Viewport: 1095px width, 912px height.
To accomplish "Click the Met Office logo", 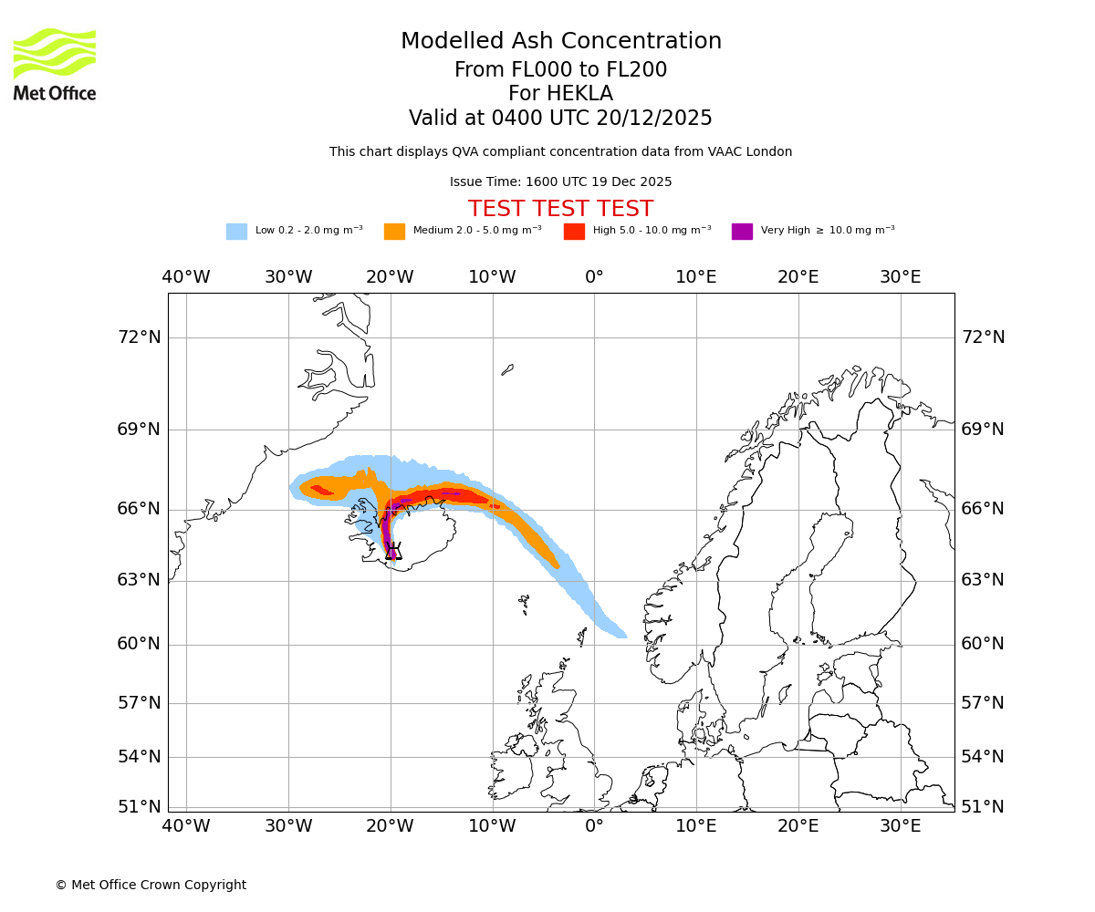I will [55, 64].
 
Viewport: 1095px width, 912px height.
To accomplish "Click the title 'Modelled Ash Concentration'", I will [560, 42].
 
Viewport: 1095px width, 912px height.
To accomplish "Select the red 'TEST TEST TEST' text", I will [560, 209].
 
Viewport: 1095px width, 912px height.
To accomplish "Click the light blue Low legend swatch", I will [236, 232].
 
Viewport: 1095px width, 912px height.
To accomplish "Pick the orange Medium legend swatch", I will [394, 232].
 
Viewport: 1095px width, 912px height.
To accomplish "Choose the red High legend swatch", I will [574, 232].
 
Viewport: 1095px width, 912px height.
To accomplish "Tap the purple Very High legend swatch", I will [742, 232].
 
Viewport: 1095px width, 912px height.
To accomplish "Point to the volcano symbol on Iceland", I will [393, 550].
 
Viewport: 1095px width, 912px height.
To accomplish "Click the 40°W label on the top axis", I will [186, 277].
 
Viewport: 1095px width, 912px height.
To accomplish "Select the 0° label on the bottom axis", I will [594, 826].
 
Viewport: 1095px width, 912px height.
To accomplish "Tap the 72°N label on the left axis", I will [139, 337].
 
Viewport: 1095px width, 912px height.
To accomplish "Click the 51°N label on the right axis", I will [983, 807].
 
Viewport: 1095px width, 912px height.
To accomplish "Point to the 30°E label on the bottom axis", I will [900, 826].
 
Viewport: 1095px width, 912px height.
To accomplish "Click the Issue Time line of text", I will [560, 182].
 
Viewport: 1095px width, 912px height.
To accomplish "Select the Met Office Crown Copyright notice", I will [151, 886].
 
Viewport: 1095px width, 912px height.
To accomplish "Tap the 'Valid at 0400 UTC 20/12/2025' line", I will [560, 119].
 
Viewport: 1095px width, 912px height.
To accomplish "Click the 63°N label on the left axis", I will [139, 580].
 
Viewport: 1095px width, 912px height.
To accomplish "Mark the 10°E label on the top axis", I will [695, 277].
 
